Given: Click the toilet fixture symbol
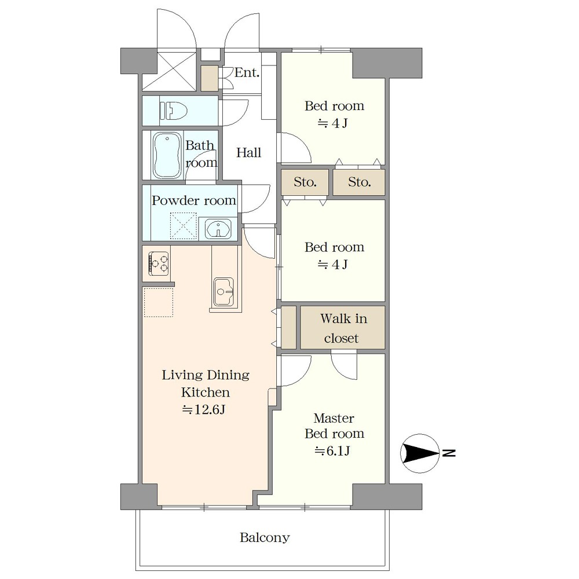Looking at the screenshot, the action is tap(174, 111).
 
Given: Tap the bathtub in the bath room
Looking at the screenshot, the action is tap(167, 155).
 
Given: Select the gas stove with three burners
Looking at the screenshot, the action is tap(159, 263).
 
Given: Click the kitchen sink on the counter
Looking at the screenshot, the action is tap(223, 292).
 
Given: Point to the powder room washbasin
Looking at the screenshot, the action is tap(219, 229).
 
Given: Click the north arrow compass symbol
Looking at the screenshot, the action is tap(420, 453).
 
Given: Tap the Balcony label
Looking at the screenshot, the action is tap(265, 537).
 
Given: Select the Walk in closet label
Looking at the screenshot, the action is tap(342, 328).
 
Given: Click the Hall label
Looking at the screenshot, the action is tap(248, 152).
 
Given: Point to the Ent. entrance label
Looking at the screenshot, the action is tap(247, 72).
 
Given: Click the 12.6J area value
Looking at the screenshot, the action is tap(204, 409).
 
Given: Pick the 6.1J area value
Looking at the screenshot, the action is tap(332, 451).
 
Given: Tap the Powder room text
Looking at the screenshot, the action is tap(194, 200).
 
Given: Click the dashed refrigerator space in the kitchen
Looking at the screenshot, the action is tap(159, 302).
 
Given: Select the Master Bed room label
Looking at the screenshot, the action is tap(334, 426).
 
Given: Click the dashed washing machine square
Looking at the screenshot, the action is tap(183, 226).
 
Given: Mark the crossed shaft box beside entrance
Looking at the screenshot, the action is tap(169, 72).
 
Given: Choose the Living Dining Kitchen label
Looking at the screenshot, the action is tap(206, 384).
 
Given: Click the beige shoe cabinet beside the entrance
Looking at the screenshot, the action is tap(210, 78).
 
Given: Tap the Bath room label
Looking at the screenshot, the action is tap(200, 153).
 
